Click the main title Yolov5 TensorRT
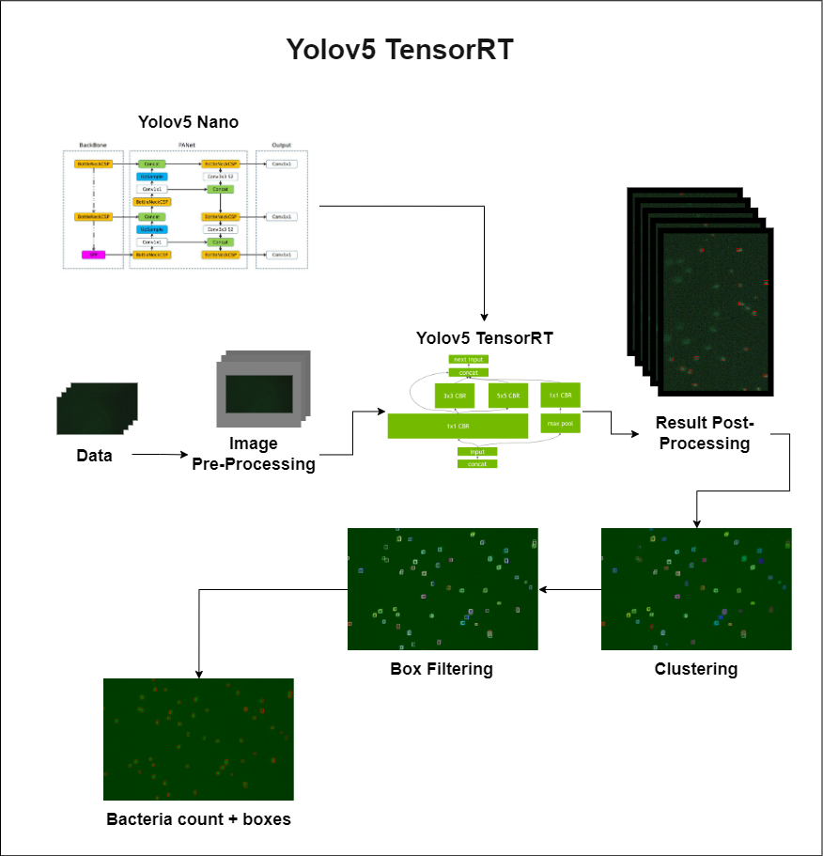click(x=400, y=50)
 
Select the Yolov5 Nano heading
click(x=188, y=121)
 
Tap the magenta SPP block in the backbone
click(x=93, y=255)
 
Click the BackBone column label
click(x=93, y=146)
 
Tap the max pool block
click(x=560, y=425)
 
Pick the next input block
click(x=468, y=359)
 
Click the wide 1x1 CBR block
click(x=458, y=426)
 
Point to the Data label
click(x=94, y=456)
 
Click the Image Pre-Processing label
click(x=254, y=454)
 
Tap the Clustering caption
click(x=696, y=669)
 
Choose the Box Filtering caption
click(x=442, y=669)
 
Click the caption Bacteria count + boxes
click(x=198, y=818)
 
